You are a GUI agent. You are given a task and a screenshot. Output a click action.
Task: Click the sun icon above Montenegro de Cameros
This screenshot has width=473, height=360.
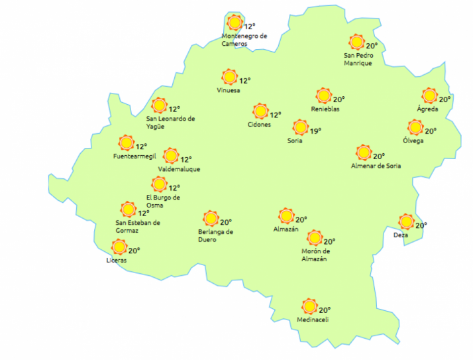[233, 23]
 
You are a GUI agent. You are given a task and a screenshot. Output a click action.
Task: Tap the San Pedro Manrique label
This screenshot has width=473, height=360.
[358, 59]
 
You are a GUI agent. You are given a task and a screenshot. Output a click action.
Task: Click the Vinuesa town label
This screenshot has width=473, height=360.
[229, 90]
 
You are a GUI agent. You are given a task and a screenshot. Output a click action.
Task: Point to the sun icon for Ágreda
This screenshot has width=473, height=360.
[430, 95]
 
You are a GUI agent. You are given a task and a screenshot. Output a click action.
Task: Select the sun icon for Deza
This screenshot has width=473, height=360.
[406, 221]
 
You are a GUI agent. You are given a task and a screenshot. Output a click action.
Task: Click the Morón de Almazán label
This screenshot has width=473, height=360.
[315, 255]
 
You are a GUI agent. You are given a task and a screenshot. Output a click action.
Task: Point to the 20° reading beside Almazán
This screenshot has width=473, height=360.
[301, 220]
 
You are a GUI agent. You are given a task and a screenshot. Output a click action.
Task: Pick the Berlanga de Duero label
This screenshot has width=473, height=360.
[216, 235]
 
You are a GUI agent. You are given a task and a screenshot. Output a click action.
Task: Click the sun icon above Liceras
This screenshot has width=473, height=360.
[119, 247]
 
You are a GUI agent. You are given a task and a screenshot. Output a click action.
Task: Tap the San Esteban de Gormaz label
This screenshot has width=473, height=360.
[138, 226]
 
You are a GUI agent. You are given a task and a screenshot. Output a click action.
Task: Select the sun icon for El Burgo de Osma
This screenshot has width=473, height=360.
[159, 184]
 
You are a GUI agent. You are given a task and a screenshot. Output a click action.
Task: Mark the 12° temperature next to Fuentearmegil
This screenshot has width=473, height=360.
[142, 147]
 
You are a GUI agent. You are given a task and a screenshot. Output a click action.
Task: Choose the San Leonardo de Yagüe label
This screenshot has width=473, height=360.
[171, 123]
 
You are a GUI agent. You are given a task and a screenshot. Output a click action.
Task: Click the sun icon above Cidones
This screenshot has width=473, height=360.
[260, 111]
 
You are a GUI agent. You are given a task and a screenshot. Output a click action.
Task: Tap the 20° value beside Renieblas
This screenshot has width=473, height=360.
[339, 99]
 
